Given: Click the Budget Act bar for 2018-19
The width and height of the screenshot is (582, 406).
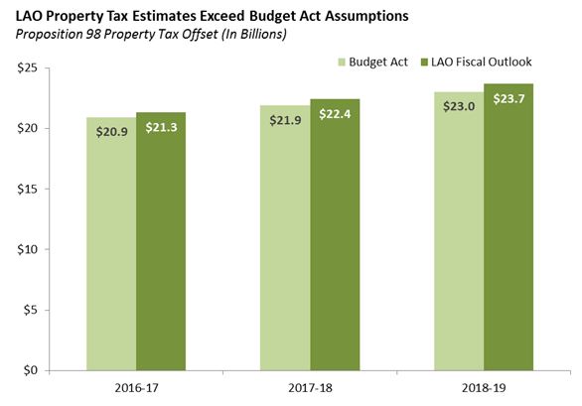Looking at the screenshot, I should [459, 248].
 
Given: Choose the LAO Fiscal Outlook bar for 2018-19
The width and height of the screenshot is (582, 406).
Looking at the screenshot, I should [509, 248].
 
